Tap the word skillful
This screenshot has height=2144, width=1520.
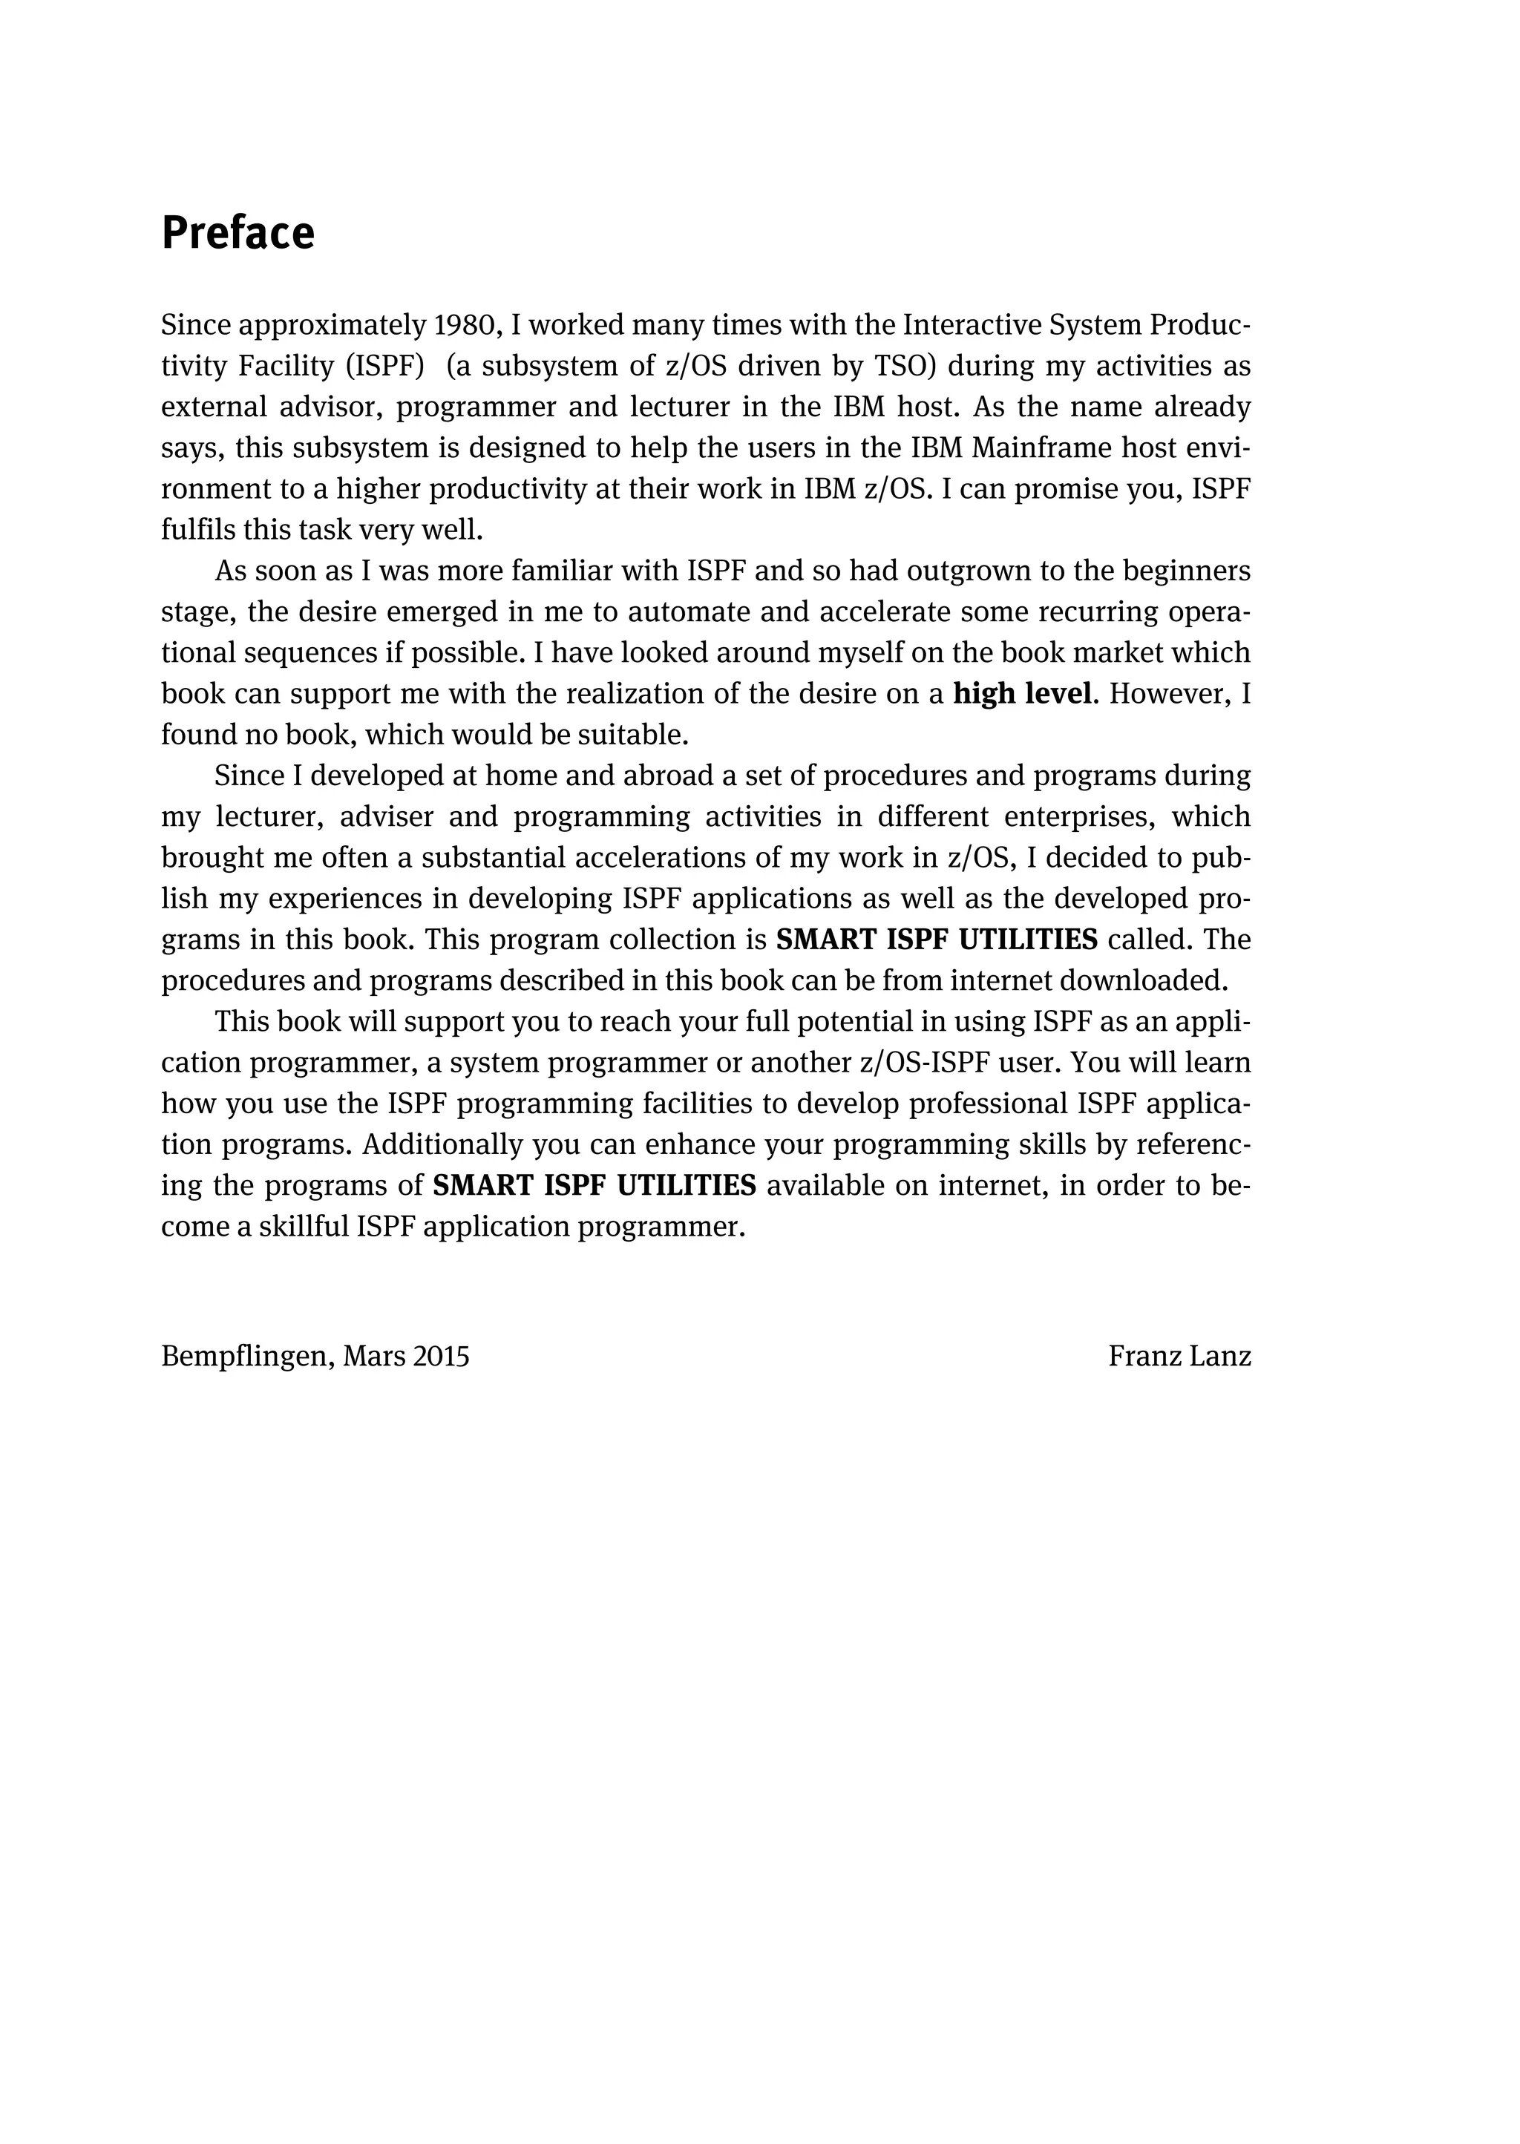point(302,1227)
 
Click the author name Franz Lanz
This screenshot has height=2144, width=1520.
point(1179,1356)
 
